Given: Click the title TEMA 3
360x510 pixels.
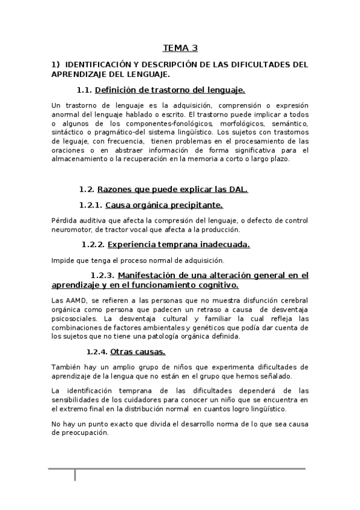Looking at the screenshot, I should (x=180, y=48).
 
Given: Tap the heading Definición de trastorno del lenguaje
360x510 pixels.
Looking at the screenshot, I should (x=170, y=90).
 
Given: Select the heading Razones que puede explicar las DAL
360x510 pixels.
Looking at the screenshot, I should (x=172, y=189).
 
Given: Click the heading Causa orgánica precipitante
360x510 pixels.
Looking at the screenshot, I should (x=164, y=205).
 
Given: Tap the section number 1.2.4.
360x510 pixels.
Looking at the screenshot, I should (x=97, y=351).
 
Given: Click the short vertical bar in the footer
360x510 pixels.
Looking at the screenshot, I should (x=75, y=475).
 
